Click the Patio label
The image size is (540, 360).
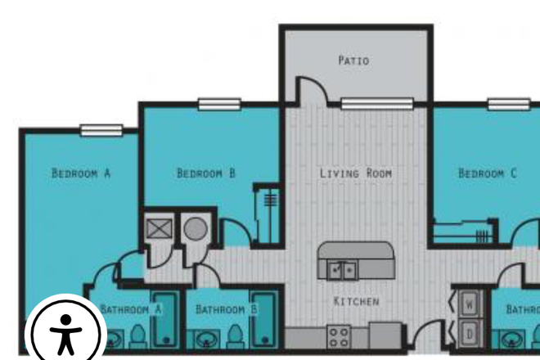coord(353,61)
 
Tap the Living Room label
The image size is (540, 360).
coord(356,173)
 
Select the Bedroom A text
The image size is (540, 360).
coord(81,173)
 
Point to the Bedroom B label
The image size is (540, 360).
coord(206,173)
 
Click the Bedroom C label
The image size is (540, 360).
coord(488,173)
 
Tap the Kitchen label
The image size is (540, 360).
coord(357,301)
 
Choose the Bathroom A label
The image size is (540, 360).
coord(131,310)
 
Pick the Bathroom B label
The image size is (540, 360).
coord(227,310)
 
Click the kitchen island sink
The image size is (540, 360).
coord(343,268)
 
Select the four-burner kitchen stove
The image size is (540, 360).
coord(339,336)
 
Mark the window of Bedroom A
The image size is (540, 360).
coord(101,129)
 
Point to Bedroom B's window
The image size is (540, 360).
coord(219,104)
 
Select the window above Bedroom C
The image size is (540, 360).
coord(508,104)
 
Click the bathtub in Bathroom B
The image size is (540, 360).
coord(263,318)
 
